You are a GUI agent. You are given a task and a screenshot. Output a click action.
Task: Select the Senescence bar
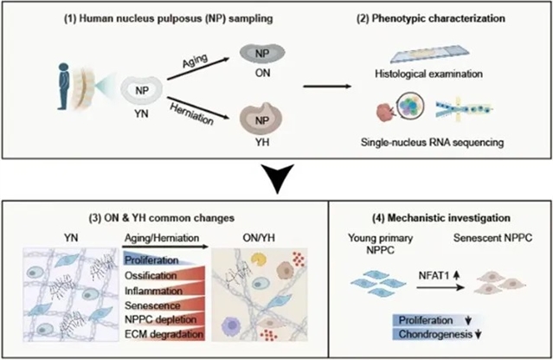pos(155,305)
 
